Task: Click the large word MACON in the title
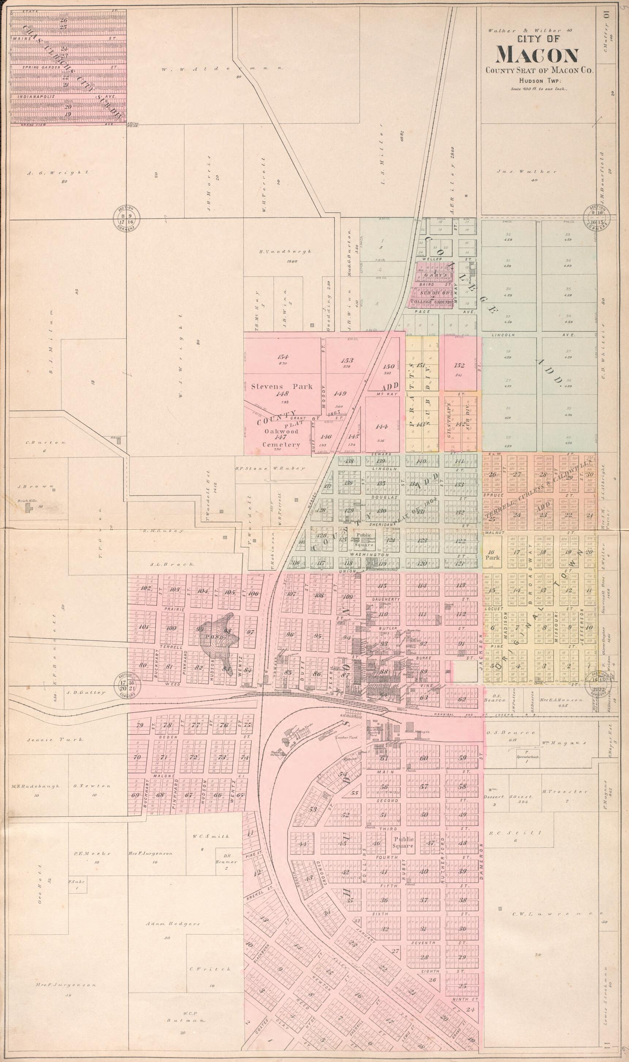point(538,55)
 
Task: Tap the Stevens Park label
point(281,387)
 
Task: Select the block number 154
point(282,356)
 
